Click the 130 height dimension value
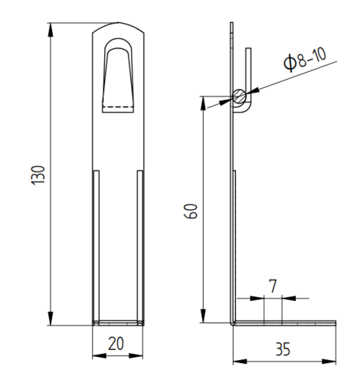coord(38,175)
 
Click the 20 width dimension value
coord(116,344)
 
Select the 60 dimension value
coord(191,211)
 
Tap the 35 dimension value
coord(283,349)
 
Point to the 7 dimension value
coord(273,286)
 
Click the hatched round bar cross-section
coord(240,97)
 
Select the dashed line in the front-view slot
coord(118,106)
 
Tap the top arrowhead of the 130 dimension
coord(51,30)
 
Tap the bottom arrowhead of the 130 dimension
coord(51,319)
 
